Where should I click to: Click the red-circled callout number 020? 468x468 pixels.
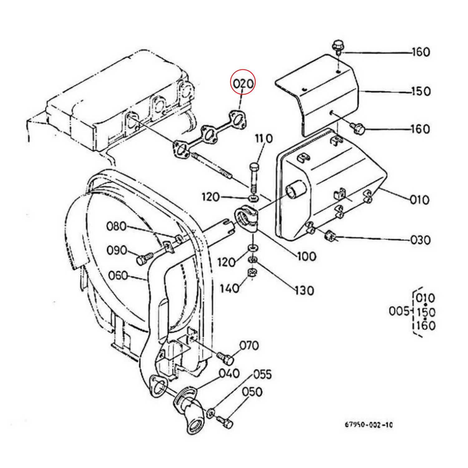coord(243,84)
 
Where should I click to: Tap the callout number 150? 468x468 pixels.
coord(421,91)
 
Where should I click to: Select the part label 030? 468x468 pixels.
coord(421,240)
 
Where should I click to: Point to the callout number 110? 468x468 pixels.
coord(264,139)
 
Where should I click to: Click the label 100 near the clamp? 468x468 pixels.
coord(306,256)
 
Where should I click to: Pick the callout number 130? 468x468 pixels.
coord(304,291)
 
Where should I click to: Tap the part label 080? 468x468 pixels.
coord(116,226)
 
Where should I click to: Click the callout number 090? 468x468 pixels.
coord(117,250)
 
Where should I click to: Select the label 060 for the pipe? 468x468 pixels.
coord(118,275)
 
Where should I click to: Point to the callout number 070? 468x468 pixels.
coord(249,346)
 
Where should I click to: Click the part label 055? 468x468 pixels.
coord(262,374)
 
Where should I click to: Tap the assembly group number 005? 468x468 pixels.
coord(399,311)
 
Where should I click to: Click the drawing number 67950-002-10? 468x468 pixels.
coord(369,425)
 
